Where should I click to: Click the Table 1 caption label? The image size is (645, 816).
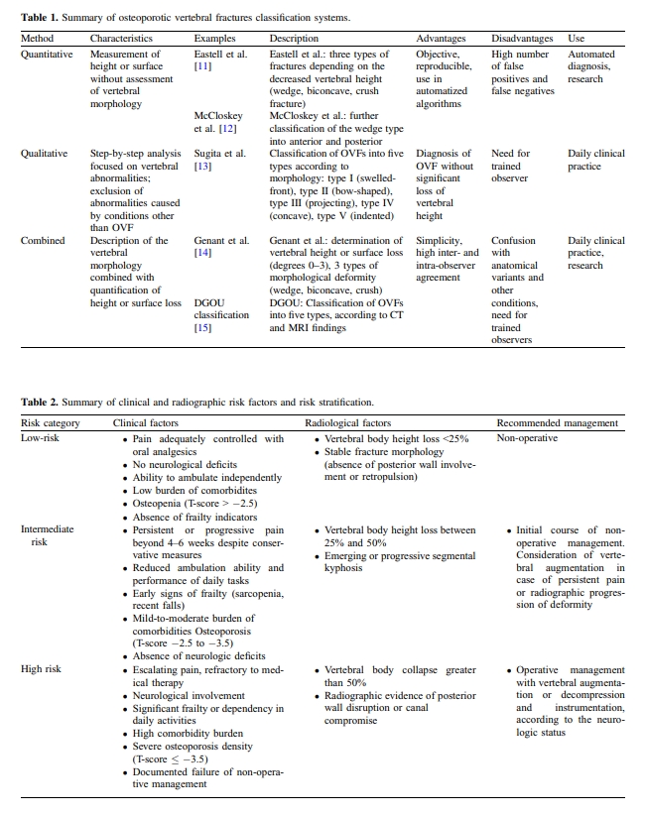43,18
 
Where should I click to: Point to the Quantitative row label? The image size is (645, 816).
50,54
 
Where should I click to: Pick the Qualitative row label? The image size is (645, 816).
46,154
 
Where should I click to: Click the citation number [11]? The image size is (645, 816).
202,66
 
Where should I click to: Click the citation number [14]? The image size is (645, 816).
202,253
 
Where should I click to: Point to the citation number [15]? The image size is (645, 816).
202,327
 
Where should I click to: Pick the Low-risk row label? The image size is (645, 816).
42,438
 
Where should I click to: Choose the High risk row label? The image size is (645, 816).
42,669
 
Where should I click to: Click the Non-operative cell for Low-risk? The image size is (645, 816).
527,438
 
